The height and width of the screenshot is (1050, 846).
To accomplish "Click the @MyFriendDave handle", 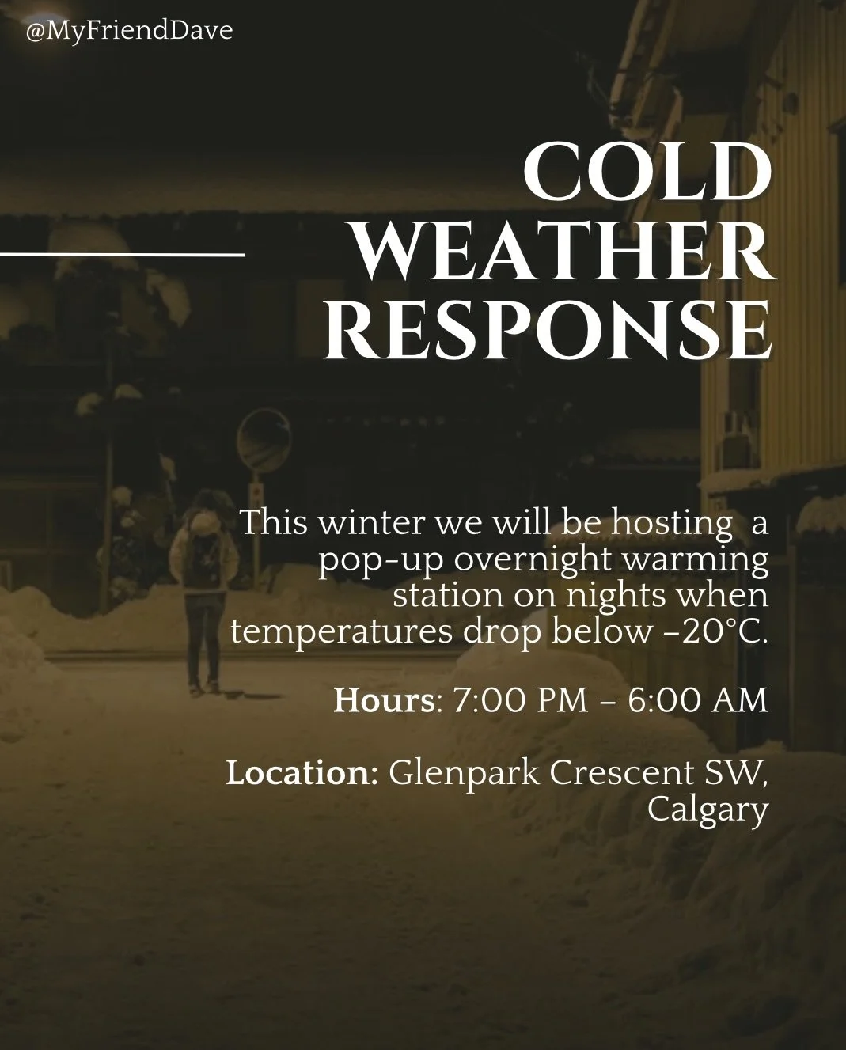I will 130,32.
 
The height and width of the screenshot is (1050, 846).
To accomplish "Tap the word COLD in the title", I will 647,172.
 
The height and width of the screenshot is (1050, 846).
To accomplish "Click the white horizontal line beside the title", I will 122,255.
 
